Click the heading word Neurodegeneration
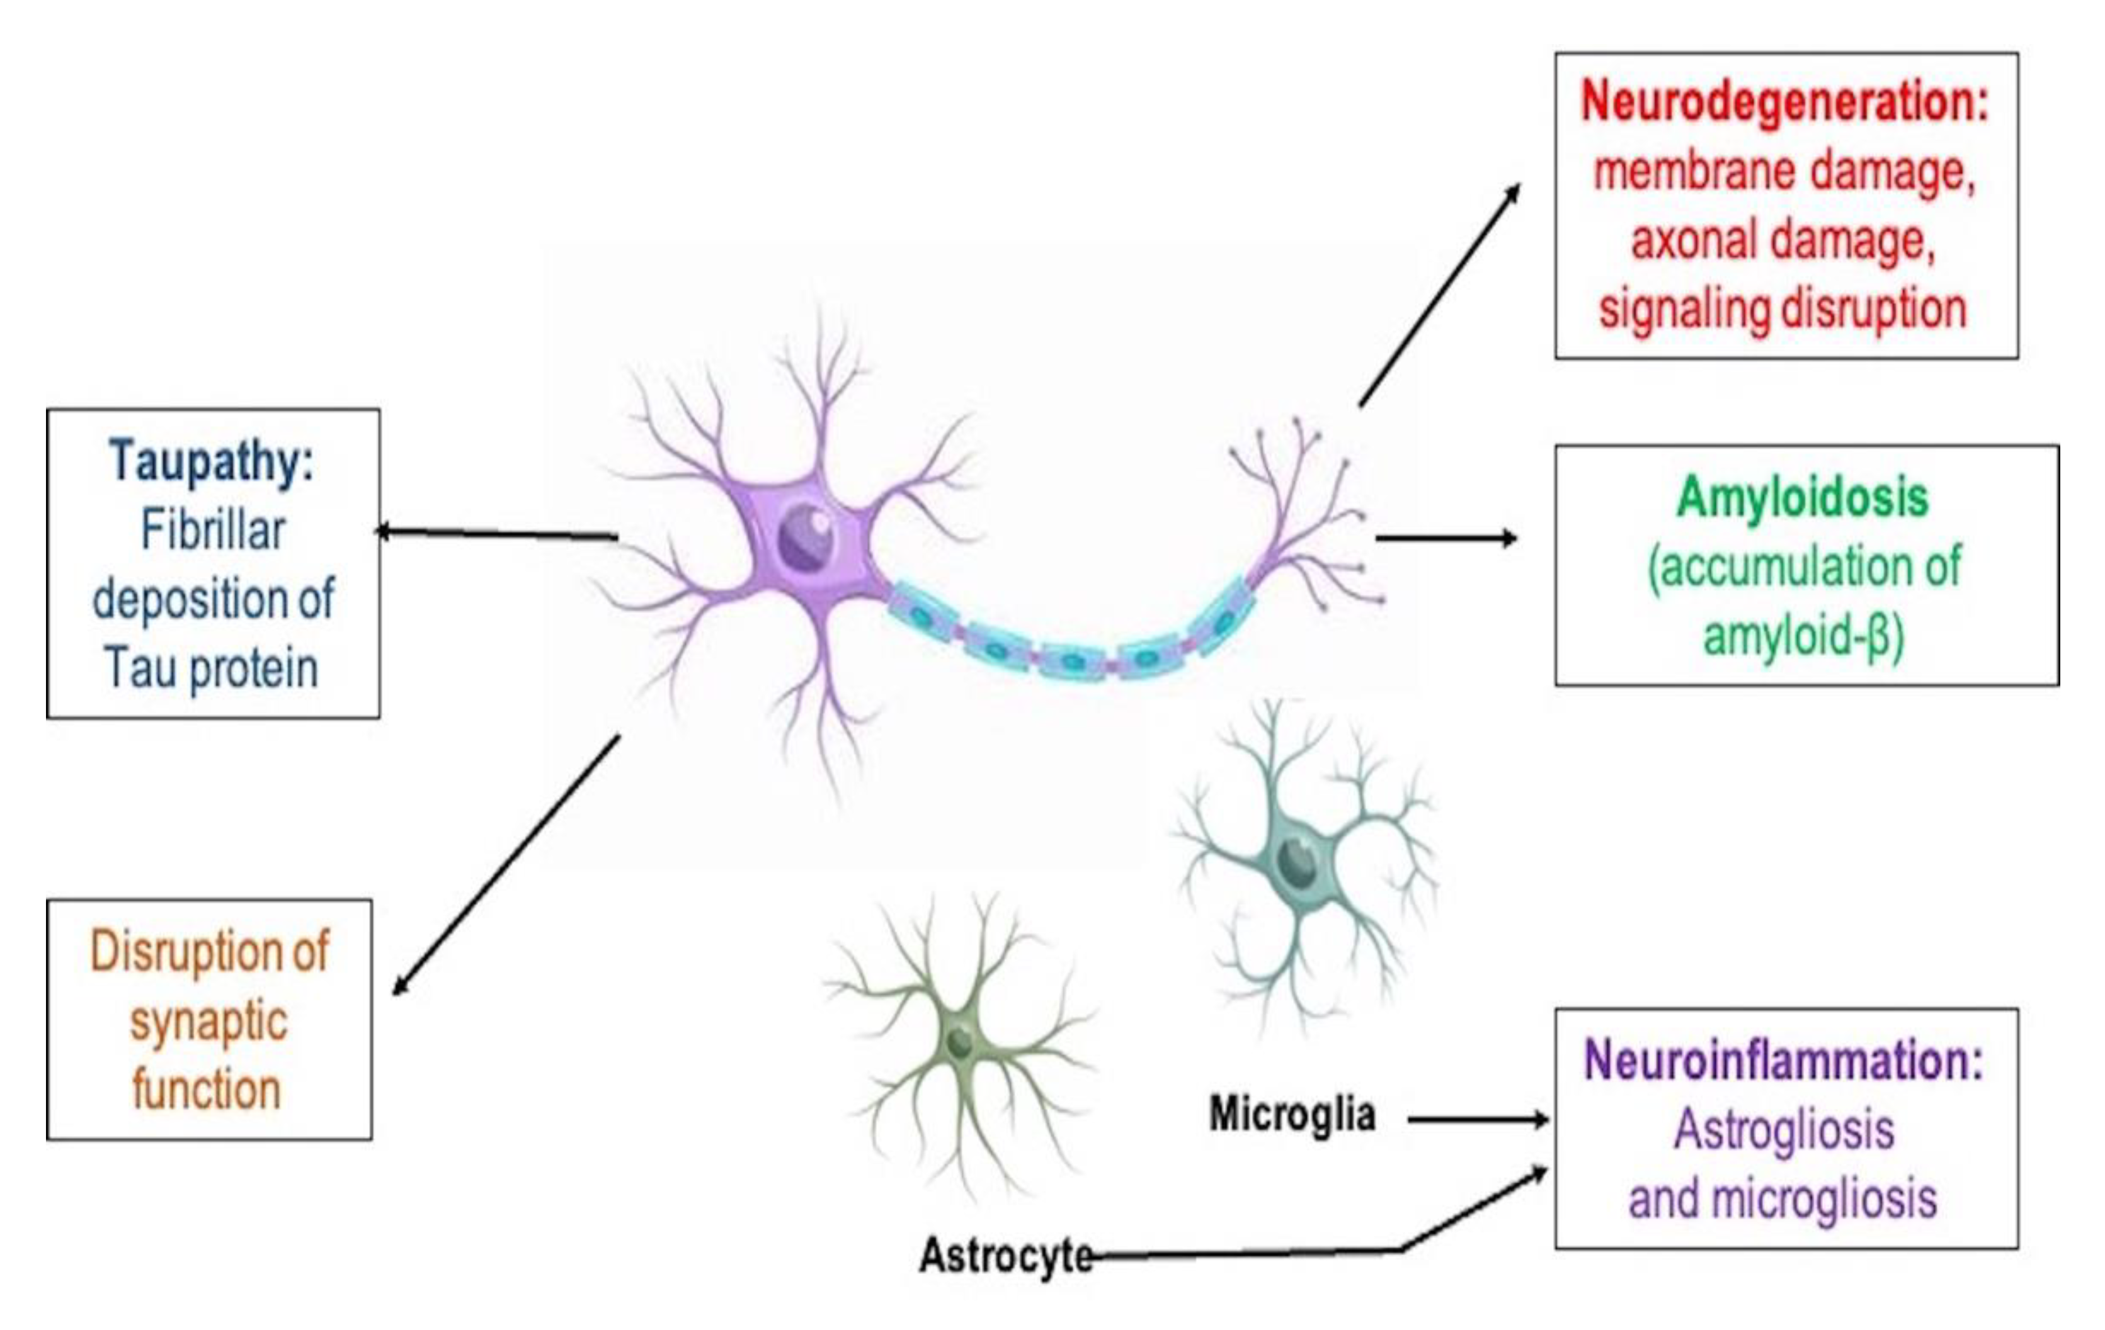point(1783,102)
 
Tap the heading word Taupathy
point(210,461)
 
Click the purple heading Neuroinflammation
point(1783,1060)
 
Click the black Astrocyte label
point(1005,1256)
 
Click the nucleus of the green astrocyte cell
point(960,1042)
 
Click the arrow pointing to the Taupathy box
point(498,534)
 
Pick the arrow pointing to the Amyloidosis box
point(1447,538)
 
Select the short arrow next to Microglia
point(1478,1119)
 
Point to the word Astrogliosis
point(1783,1129)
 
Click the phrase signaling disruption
point(1783,309)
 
